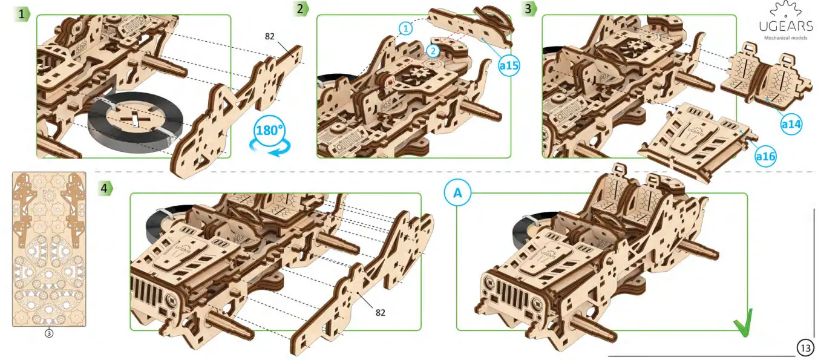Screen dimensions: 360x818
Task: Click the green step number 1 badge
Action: click(x=23, y=14)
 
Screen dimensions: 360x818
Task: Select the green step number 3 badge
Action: click(x=529, y=8)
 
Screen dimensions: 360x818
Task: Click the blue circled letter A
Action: click(x=457, y=192)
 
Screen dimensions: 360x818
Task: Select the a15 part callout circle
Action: click(x=509, y=66)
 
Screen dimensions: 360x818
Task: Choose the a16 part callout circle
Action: click(x=765, y=156)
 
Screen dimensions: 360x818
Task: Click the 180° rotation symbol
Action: click(x=270, y=133)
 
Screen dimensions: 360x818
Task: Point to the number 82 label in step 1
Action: click(x=269, y=36)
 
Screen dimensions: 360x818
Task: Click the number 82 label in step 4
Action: click(x=380, y=312)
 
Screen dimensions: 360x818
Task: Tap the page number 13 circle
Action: click(x=805, y=348)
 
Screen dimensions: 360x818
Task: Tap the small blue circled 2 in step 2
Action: click(x=431, y=51)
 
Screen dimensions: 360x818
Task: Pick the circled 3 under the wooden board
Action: click(x=49, y=333)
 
